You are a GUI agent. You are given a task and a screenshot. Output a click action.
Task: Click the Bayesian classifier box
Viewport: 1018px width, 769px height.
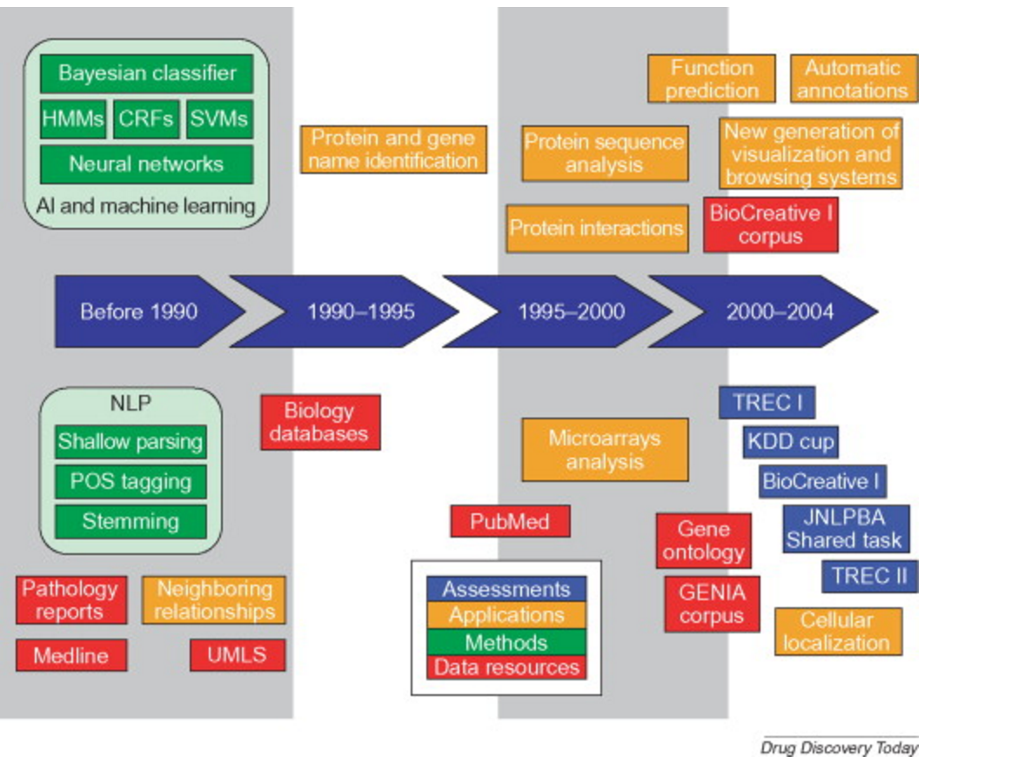coord(147,73)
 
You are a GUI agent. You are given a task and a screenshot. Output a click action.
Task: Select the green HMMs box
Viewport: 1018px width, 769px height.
coord(73,118)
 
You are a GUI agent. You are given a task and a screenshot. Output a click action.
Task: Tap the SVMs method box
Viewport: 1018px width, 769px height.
coord(219,118)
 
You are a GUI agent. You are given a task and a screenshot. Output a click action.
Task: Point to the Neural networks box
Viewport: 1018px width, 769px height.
coord(147,164)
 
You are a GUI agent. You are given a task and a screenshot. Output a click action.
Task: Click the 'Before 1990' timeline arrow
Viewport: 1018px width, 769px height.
coord(139,311)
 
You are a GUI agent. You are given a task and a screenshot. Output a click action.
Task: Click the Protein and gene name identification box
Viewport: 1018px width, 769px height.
coord(394,149)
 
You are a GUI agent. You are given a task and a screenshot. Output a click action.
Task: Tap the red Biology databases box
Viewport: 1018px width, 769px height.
coord(320,422)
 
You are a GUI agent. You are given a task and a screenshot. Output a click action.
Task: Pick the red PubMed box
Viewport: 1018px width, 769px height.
coord(511,522)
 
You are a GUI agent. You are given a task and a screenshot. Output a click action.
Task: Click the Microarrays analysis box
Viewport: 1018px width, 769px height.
coord(605,450)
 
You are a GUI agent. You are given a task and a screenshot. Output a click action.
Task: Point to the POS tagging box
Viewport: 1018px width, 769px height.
coord(131,482)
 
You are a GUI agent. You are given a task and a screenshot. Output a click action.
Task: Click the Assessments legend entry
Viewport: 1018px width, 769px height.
coord(506,589)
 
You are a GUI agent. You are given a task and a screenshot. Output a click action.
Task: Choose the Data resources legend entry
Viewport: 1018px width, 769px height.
coord(506,667)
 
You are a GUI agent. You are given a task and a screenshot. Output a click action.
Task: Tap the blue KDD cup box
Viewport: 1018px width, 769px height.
coord(790,442)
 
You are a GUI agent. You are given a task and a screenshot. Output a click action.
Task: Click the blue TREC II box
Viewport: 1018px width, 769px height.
coord(869,576)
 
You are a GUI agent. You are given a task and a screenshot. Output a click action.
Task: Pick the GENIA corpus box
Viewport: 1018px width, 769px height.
coord(713,604)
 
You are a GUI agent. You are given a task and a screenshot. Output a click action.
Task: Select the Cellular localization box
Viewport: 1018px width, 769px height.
coord(837,632)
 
